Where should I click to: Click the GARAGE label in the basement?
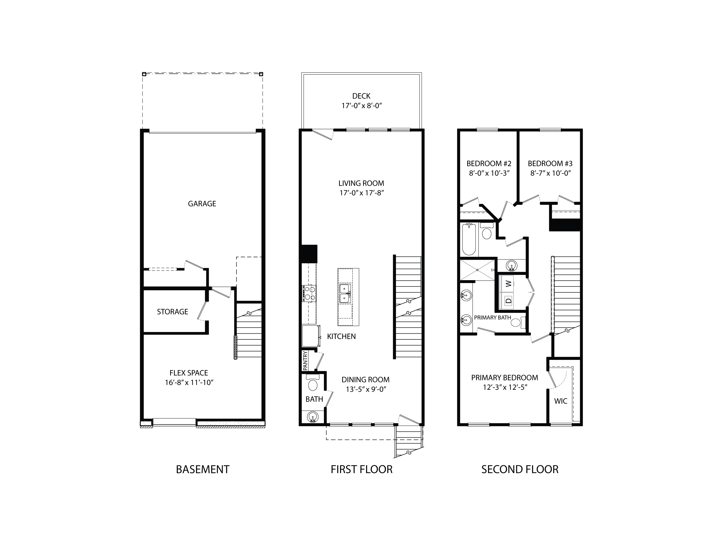pos(202,204)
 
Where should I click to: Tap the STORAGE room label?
pos(172,312)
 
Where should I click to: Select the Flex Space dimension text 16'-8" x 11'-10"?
pos(189,383)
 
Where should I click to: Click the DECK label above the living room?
pos(361,96)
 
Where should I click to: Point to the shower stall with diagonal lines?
pos(477,270)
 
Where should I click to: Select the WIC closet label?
pos(561,401)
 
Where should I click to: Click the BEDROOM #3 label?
pos(550,164)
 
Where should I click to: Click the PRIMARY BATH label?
pos(492,317)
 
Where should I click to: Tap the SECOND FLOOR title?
pos(520,469)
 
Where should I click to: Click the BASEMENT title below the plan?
pos(202,469)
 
